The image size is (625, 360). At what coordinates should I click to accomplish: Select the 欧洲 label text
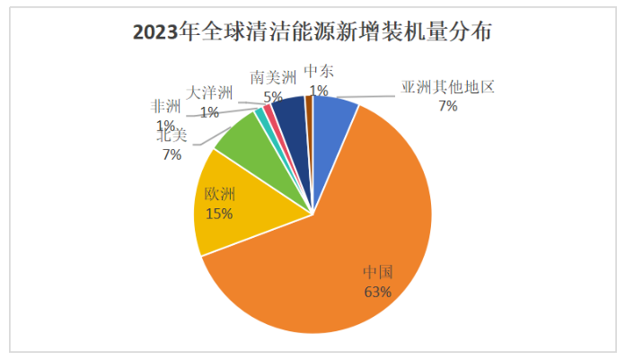pyautogui.click(x=219, y=194)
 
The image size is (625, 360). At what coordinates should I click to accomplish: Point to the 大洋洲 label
pyautogui.click(x=210, y=93)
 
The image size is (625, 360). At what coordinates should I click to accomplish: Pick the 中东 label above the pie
pyautogui.click(x=319, y=71)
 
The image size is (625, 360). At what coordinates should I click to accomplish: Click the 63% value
pyautogui.click(x=378, y=292)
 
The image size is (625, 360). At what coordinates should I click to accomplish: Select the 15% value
pyautogui.click(x=219, y=214)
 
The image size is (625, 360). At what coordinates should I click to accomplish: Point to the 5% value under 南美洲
pyautogui.click(x=273, y=96)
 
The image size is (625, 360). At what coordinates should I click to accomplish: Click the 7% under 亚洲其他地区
pyautogui.click(x=447, y=106)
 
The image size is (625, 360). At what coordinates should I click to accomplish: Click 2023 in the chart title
pyautogui.click(x=154, y=33)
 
